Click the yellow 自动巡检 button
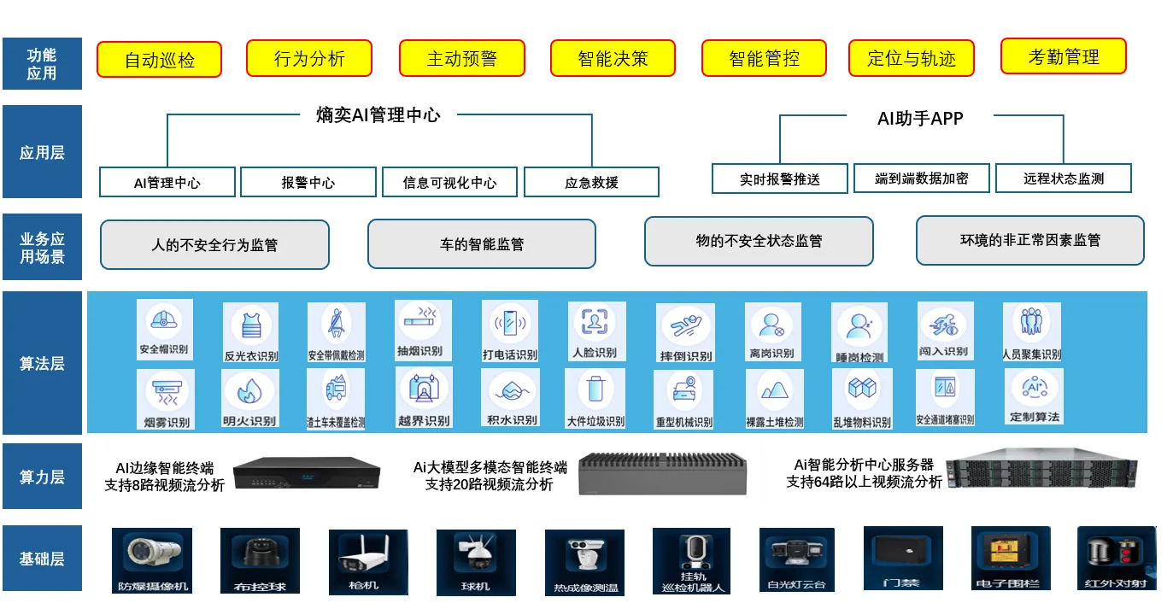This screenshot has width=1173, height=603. pos(159,60)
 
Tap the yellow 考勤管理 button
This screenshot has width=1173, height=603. pos(1063,57)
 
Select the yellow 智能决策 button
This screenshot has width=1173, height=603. pos(613,58)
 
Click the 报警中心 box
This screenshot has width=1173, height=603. pos(308,182)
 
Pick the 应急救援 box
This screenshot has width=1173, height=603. pos(591,182)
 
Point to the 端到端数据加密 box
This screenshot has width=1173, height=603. pos(921,179)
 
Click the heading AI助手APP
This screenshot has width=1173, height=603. pos(920,119)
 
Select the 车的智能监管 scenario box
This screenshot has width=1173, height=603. pos(481,244)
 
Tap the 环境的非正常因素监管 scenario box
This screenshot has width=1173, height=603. pos(1029,240)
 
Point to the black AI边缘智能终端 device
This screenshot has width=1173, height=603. pos(306,472)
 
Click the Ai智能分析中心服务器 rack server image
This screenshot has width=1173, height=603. pos(1041,472)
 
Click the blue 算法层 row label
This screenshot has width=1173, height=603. pos(42,364)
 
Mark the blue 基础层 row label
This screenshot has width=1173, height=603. pos(42,559)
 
